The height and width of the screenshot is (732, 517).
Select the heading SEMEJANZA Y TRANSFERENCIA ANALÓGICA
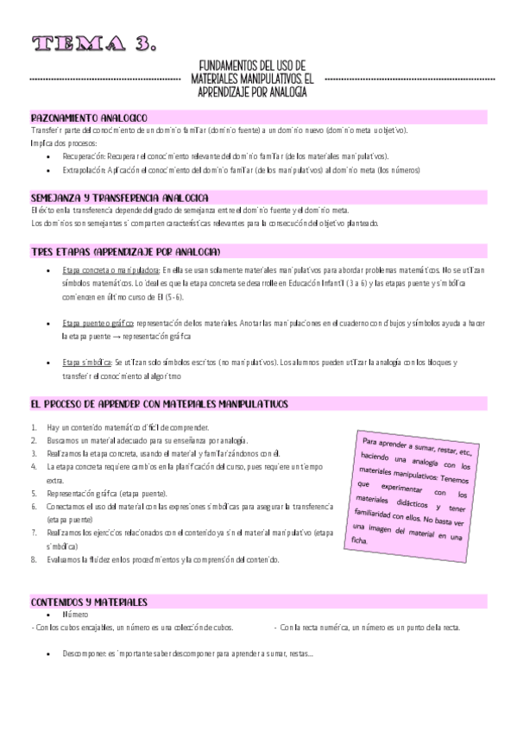(118, 197)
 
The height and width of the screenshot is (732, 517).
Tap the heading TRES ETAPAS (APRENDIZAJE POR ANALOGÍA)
(125, 251)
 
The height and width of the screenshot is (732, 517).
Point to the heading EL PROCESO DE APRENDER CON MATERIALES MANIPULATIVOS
(159, 404)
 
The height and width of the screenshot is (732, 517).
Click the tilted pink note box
(414, 489)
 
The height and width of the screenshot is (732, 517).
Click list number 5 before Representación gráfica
(34, 494)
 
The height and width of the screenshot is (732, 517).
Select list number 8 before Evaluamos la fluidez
(34, 559)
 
